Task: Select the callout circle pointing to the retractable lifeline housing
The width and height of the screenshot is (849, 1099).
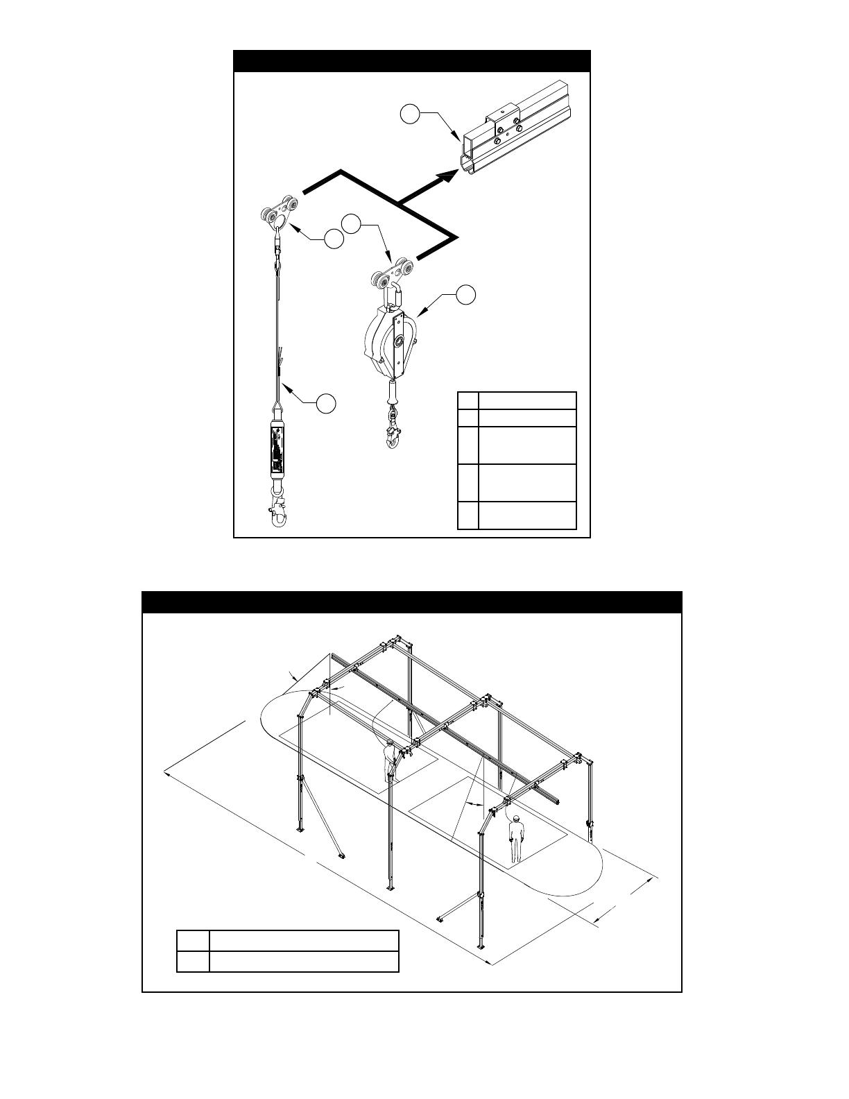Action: pyautogui.click(x=466, y=294)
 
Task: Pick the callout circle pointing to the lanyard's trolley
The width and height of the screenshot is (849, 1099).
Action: pyautogui.click(x=334, y=239)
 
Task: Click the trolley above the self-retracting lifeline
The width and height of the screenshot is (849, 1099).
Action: pyautogui.click(x=393, y=275)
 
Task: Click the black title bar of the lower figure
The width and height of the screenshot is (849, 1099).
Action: pyautogui.click(x=412, y=602)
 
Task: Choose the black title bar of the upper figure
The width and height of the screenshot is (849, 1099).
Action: pyautogui.click(x=411, y=61)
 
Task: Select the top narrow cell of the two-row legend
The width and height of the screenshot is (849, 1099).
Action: pyautogui.click(x=193, y=941)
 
